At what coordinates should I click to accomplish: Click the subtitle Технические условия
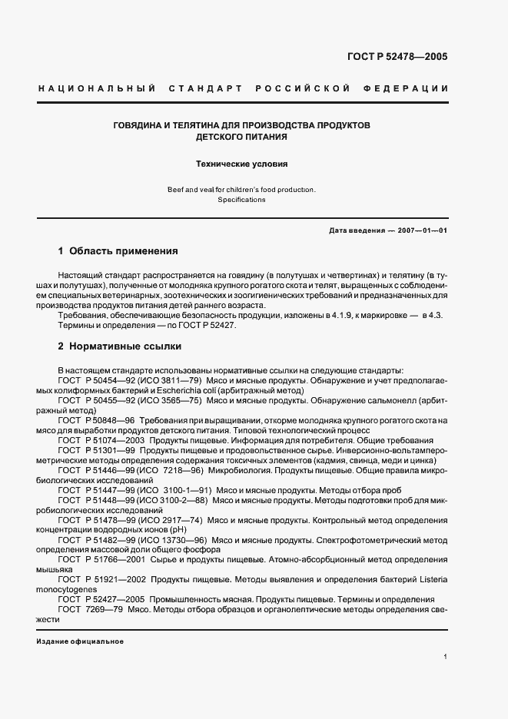click(241, 164)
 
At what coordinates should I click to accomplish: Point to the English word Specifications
click(241, 200)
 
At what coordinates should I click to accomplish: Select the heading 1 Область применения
click(118, 251)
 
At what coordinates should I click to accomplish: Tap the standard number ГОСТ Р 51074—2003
click(101, 441)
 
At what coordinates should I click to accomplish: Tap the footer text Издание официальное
click(80, 641)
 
